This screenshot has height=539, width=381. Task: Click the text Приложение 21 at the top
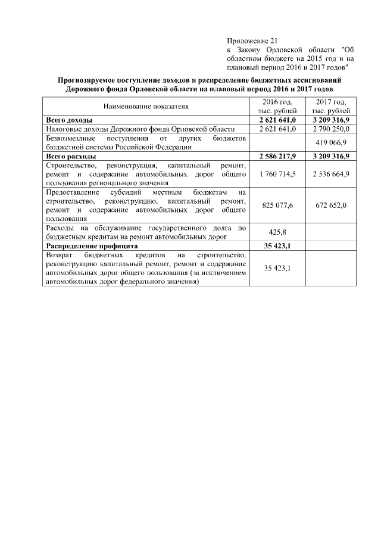(249, 40)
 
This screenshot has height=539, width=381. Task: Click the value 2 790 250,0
(330, 129)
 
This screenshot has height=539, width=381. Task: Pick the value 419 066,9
(330, 142)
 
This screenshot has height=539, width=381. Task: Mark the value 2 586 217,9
(278, 156)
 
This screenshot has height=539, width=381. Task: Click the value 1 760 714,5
(278, 174)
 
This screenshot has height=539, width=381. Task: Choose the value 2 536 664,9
(330, 174)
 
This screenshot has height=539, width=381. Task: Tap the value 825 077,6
(278, 205)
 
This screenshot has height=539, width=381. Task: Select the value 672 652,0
(330, 205)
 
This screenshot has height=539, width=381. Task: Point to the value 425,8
(278, 232)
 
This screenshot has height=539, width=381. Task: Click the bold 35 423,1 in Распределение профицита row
(278, 245)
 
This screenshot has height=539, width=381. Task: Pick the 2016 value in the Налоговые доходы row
(278, 129)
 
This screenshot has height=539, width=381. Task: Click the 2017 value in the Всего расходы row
(330, 156)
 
